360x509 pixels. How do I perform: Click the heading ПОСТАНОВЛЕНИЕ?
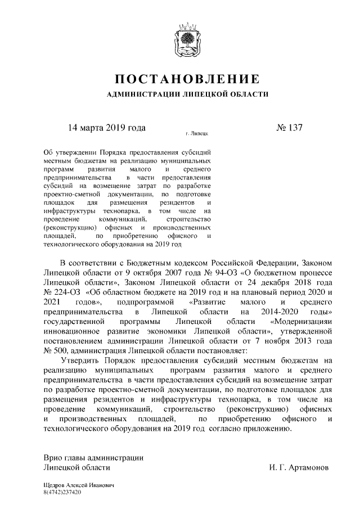point(187,78)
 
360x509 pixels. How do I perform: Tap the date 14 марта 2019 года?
point(107,127)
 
